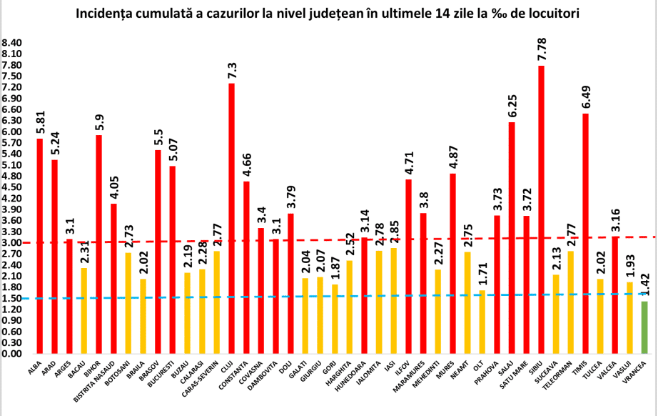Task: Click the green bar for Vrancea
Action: pos(644,327)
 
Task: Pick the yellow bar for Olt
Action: pos(482,322)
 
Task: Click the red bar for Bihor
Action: pos(98,244)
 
